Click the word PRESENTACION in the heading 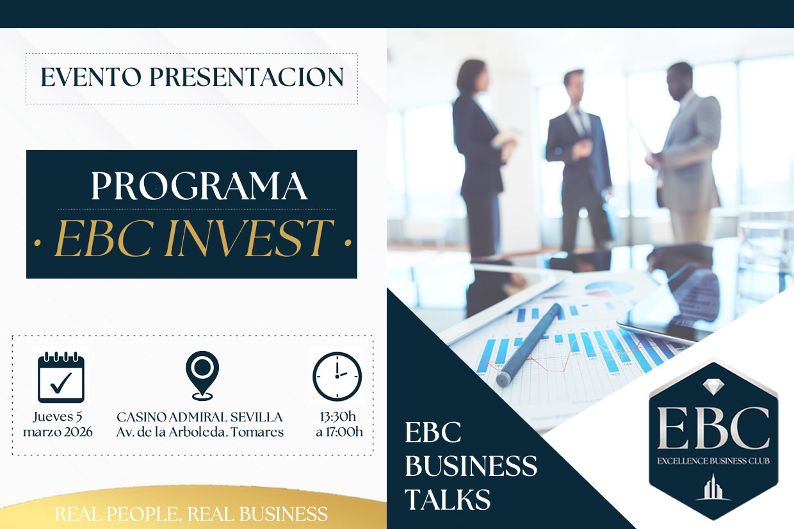point(247,78)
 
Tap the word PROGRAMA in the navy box point(199,186)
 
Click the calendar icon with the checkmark point(61,377)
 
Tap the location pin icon point(202,375)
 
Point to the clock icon point(337,377)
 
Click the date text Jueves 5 point(58,417)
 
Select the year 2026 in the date point(76,432)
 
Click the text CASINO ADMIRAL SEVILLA point(200,417)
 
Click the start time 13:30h point(339,417)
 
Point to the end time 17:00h point(345,432)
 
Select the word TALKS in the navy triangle point(448,498)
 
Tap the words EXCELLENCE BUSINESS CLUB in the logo point(713,460)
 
